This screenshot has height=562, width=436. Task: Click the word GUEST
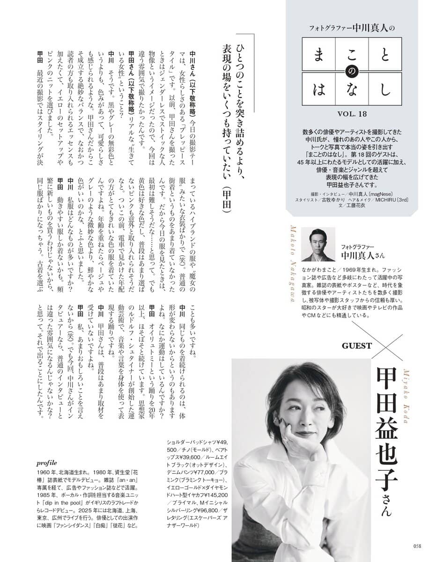(357, 346)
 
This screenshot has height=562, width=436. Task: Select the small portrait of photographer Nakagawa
(318, 244)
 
